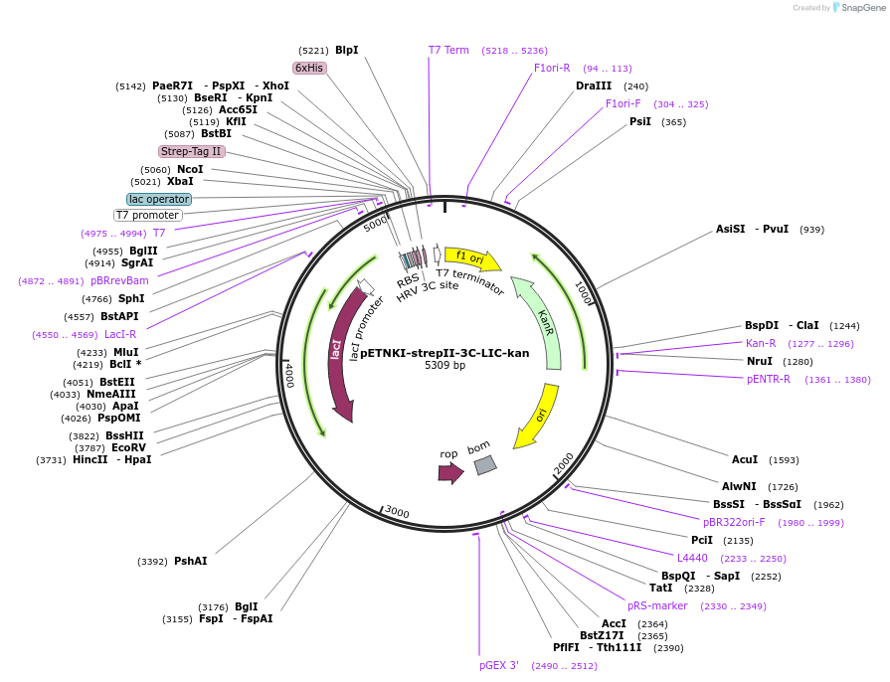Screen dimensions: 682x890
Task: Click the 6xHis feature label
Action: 309,68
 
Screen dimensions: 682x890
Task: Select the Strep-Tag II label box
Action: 192,151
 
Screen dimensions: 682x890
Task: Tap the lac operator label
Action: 159,199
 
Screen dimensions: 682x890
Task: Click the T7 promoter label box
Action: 148,215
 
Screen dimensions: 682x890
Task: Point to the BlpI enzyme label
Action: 346,50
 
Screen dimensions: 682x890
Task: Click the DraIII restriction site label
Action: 594,85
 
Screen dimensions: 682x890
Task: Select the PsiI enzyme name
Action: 640,121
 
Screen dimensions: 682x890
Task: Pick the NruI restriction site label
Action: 760,361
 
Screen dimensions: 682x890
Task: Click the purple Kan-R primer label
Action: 761,343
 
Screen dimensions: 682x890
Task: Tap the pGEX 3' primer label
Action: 499,665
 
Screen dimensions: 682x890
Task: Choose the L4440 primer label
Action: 693,558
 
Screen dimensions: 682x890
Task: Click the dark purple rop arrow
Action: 450,472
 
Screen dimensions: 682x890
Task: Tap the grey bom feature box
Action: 484,464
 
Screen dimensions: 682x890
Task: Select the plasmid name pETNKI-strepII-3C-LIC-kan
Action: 445,353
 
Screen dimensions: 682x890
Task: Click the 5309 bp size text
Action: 445,366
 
